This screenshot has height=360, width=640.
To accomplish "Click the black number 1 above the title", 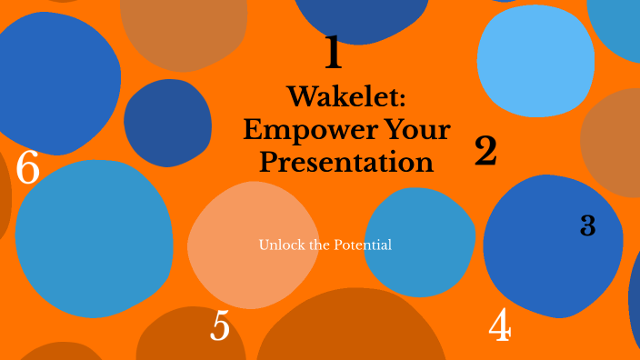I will click(334, 53).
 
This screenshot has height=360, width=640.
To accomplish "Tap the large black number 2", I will click(485, 151).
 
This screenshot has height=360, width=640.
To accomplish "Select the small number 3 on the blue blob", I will click(587, 226).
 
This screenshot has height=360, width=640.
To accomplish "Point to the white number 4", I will click(499, 325).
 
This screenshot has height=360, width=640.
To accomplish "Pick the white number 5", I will click(220, 326).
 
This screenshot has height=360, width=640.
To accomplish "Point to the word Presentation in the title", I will click(346, 163).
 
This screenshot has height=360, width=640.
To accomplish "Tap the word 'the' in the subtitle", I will click(319, 245).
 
